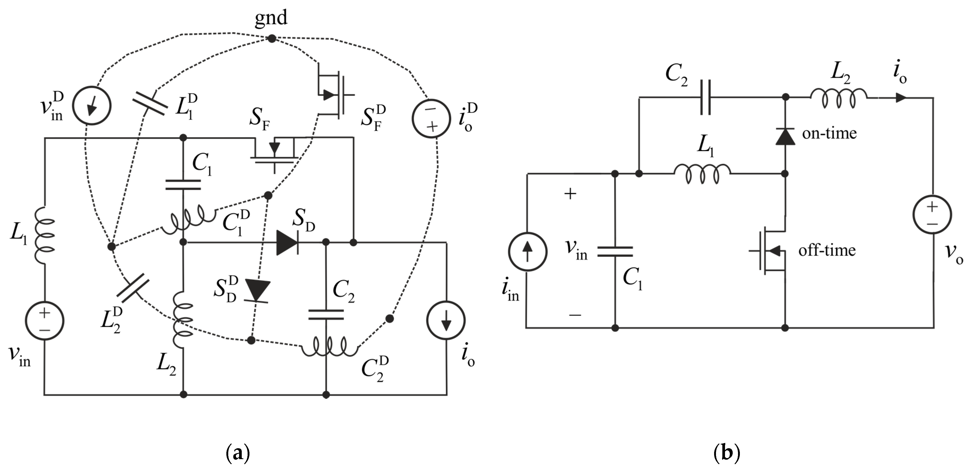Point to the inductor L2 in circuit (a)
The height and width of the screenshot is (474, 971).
(183, 320)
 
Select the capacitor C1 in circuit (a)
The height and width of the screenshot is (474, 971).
(183, 185)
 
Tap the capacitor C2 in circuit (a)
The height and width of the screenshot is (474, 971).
(326, 315)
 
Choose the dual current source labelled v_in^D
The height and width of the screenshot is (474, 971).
(92, 106)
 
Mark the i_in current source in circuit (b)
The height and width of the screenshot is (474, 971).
(527, 251)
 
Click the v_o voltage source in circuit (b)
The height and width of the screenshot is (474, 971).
(932, 214)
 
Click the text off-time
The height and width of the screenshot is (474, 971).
(827, 250)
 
